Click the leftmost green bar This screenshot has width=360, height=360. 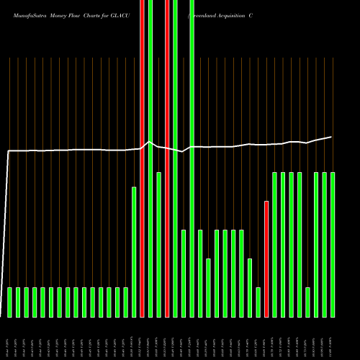[9, 302]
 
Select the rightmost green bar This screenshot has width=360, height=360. [333, 244]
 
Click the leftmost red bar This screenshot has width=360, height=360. [142, 158]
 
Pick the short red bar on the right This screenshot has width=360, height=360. [266, 258]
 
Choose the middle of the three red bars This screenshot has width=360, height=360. [167, 158]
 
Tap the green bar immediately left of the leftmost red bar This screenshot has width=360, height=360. [134, 251]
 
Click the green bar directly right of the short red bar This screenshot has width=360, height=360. [274, 244]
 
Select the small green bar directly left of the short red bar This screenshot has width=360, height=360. [258, 302]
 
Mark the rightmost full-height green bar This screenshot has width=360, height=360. [192, 158]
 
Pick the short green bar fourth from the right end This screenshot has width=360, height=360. [307, 302]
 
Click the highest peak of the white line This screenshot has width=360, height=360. [149, 142]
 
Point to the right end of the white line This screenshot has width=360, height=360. [332, 137]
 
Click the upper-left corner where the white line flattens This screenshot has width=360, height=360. [9, 151]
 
